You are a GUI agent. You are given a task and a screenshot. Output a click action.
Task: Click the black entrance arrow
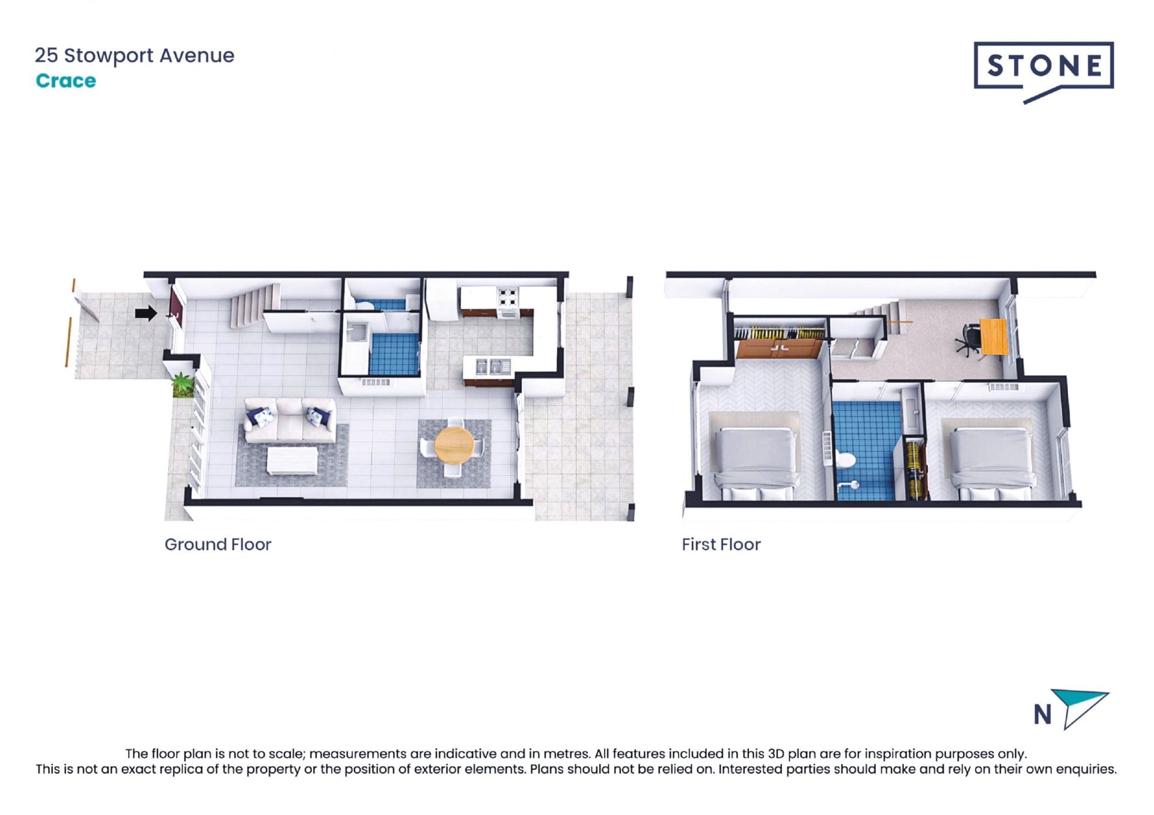tap(146, 313)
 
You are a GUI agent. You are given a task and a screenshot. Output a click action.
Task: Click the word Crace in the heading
tap(66, 81)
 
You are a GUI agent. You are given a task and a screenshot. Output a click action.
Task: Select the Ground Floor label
tap(218, 545)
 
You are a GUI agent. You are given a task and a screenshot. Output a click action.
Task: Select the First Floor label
tap(721, 545)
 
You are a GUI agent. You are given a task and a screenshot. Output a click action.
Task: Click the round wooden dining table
tap(454, 445)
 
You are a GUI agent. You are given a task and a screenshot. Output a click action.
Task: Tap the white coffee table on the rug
tap(292, 460)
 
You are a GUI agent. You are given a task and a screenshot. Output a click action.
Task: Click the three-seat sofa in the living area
tap(290, 420)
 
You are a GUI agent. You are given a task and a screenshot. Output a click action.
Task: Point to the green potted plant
tap(182, 384)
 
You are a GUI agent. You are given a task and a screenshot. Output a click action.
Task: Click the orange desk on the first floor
tap(993, 337)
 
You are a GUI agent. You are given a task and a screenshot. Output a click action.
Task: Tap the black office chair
tap(968, 340)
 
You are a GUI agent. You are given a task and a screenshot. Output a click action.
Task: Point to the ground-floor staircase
tap(254, 306)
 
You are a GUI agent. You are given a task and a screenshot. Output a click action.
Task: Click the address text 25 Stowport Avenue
tap(135, 55)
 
